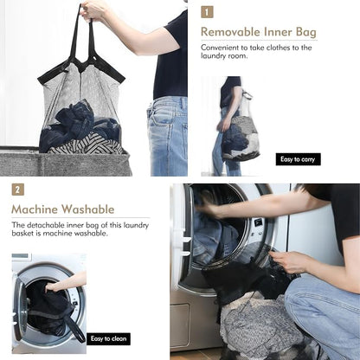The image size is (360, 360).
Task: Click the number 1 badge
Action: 207,12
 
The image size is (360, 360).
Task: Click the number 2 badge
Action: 18,190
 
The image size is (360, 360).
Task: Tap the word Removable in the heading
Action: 229,32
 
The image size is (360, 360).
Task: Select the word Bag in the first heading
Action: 306,33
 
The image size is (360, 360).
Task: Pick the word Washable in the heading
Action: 88,209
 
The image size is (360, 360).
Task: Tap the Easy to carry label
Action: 298,159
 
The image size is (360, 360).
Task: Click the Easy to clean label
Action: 108,338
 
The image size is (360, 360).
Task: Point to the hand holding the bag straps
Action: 93,11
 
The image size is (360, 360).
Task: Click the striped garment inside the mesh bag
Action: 87,145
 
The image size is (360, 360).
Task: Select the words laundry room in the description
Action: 224,55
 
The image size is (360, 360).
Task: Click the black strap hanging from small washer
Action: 74,328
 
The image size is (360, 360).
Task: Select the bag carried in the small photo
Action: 240,138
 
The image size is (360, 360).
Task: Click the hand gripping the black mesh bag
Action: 286,261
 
